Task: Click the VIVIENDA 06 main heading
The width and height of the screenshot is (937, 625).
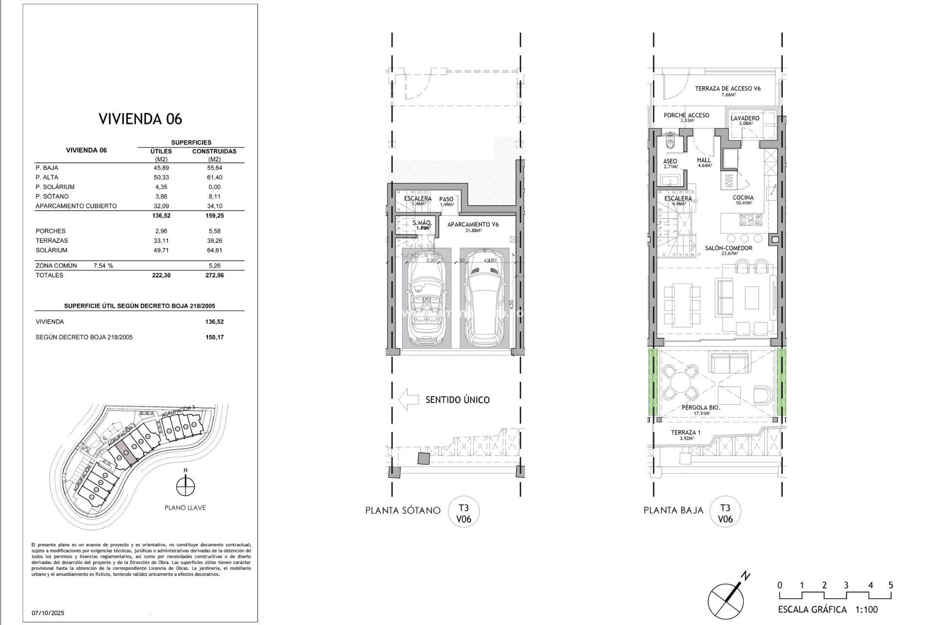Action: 140,119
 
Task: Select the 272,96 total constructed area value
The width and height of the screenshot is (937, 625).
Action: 214,275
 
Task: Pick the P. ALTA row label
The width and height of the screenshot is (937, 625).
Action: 47,177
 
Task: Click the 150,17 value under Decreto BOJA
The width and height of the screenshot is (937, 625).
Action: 214,337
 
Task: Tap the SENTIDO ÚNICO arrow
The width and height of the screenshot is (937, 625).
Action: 408,399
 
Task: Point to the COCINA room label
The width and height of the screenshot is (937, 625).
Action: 743,198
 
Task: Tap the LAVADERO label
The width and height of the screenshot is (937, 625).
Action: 745,118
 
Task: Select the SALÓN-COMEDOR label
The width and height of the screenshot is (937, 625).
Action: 728,248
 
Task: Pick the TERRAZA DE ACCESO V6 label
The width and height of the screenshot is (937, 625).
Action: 728,88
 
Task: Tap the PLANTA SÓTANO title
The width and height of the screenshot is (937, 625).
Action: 403,511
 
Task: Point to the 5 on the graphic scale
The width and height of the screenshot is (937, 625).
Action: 891,585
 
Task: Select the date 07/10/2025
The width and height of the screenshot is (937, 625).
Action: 48,613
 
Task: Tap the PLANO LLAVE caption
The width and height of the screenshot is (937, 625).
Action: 185,508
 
